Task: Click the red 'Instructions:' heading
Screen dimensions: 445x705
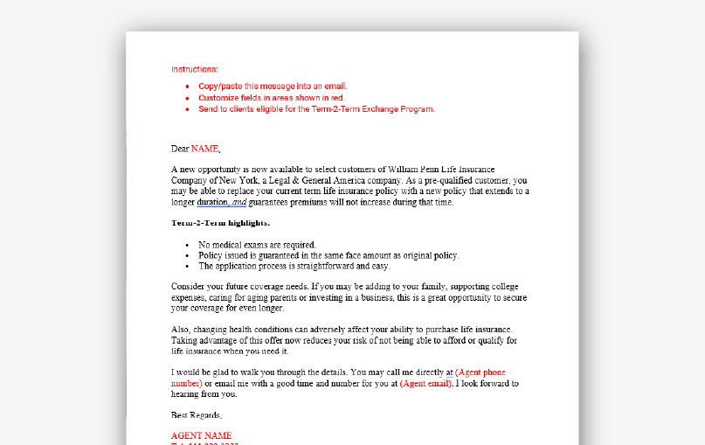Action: (194, 69)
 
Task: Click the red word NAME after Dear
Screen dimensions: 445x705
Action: (205, 149)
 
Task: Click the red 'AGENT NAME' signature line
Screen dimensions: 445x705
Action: (201, 435)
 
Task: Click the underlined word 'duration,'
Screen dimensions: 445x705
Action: (212, 202)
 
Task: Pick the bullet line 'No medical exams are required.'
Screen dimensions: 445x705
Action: (257, 245)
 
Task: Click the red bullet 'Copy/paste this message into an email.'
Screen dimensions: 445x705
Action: (273, 87)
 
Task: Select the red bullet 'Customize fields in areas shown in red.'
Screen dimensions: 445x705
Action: (271, 98)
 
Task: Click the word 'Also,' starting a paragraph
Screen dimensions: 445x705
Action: (182, 329)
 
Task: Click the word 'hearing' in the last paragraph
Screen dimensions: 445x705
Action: (186, 393)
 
